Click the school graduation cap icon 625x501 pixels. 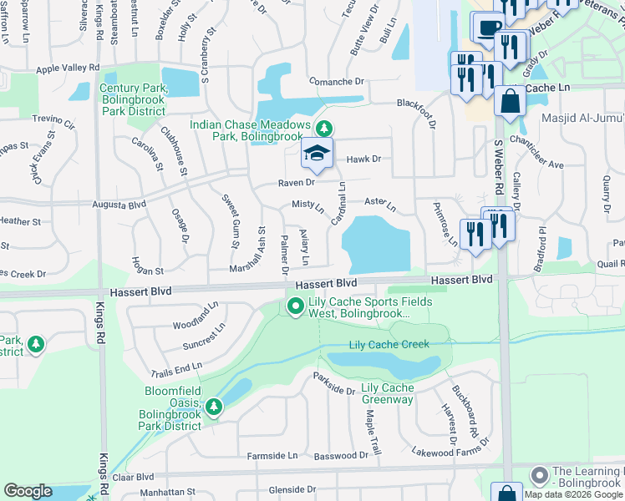click(x=318, y=153)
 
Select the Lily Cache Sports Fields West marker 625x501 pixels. click(x=294, y=307)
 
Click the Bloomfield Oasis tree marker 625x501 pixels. click(x=214, y=407)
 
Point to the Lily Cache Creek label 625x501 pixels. click(x=389, y=345)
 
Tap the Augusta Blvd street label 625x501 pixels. click(x=118, y=203)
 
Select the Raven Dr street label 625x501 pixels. click(x=296, y=182)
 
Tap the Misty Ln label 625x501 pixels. click(x=307, y=205)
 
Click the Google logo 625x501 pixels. click(x=28, y=491)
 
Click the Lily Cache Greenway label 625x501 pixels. click(x=387, y=394)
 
